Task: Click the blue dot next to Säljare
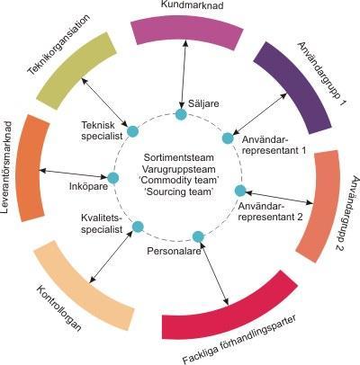point(181,114)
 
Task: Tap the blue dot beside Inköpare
point(113,178)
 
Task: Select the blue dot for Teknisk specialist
point(132,131)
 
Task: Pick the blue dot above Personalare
point(198,236)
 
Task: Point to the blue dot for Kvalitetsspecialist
point(138,227)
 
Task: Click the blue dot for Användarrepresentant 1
point(228,138)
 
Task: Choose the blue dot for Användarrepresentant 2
point(240,191)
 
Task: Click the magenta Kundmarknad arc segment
point(187,31)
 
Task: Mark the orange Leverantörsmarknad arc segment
point(32,168)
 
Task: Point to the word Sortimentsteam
point(179,157)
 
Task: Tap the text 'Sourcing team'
point(179,191)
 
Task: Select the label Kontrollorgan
point(58,307)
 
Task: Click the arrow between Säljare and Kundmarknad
point(183,74)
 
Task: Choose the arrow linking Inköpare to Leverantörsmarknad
point(74,174)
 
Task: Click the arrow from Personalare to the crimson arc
point(214,273)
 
